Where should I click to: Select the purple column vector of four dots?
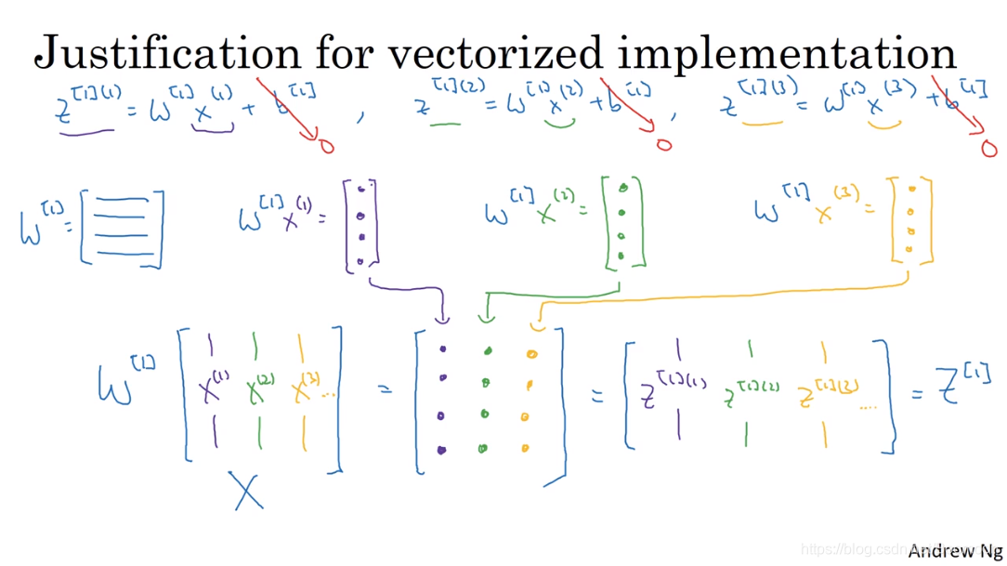coord(361,226)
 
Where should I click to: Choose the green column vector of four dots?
coord(622,223)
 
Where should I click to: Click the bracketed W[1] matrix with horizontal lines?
coord(122,228)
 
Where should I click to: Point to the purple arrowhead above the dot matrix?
coord(443,319)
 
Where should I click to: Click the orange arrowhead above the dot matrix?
coord(535,325)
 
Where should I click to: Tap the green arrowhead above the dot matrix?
coord(486,319)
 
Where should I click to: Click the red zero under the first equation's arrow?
coord(326,147)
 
